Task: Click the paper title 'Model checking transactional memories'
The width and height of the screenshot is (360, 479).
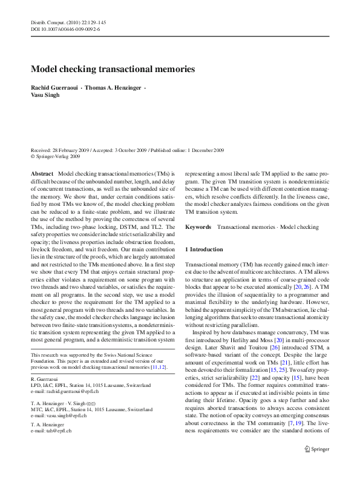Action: click(113, 69)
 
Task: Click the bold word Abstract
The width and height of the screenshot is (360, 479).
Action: click(42, 173)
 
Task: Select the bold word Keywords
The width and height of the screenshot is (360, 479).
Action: click(198, 227)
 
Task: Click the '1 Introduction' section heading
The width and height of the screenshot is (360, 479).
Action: click(204, 249)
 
